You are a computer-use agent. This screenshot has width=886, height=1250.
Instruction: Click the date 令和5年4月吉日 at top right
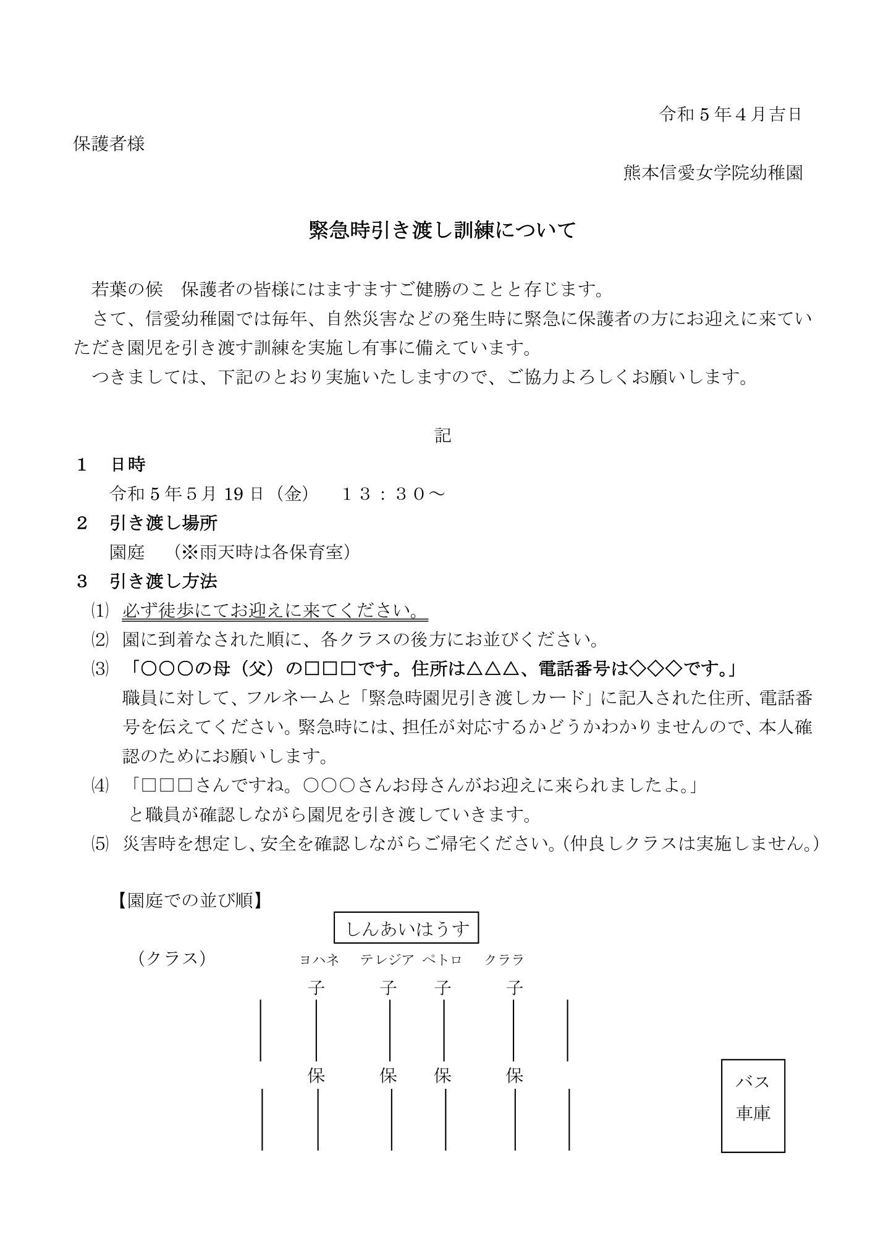coord(730,115)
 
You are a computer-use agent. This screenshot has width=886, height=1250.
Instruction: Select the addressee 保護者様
coord(109,144)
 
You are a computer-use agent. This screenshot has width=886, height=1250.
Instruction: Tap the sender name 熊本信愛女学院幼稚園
coord(713,173)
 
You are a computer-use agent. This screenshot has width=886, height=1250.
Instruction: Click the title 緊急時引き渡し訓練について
coord(442,230)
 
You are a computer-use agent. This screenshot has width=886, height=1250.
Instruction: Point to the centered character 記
coord(442,435)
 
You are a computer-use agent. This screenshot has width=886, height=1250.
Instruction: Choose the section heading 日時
coord(128,464)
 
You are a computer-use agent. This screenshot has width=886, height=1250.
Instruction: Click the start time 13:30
coord(392,493)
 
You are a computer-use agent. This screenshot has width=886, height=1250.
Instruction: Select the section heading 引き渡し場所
coord(163,523)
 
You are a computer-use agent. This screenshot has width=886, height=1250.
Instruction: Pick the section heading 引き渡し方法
coord(163,581)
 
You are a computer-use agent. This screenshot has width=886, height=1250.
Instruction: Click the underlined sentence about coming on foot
coord(275,611)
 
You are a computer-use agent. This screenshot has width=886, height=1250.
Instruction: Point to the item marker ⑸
coord(99,844)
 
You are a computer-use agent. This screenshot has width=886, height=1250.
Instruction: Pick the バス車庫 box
coord(753,1097)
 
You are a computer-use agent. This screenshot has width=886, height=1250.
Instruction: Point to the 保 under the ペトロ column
coord(442,1076)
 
